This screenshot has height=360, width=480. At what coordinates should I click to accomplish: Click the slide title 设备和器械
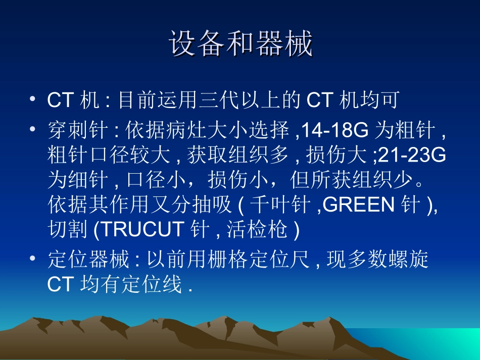241,44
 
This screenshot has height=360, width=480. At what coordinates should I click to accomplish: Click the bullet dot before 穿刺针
33,130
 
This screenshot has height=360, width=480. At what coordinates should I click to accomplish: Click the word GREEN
359,205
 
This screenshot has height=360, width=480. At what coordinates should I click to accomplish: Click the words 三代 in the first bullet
215,100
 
